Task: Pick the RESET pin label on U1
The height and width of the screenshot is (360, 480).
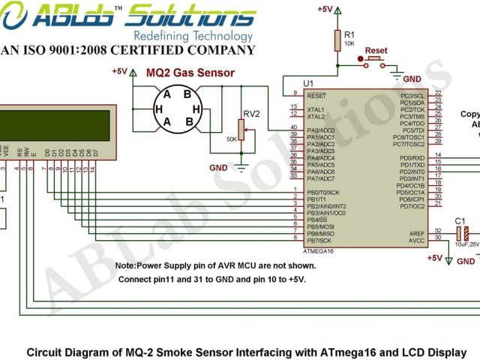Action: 316,95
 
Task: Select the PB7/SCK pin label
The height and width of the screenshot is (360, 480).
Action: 319,240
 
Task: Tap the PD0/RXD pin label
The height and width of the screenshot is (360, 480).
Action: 412,158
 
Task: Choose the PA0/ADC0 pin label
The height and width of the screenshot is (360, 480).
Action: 320,130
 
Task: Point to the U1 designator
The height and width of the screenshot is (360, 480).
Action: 307,82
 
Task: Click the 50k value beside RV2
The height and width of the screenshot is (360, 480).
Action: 231,139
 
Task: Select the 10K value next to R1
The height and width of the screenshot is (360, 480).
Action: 349,43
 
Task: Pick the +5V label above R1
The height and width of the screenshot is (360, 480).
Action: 325,9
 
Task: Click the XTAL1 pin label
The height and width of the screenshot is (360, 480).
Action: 316,109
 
